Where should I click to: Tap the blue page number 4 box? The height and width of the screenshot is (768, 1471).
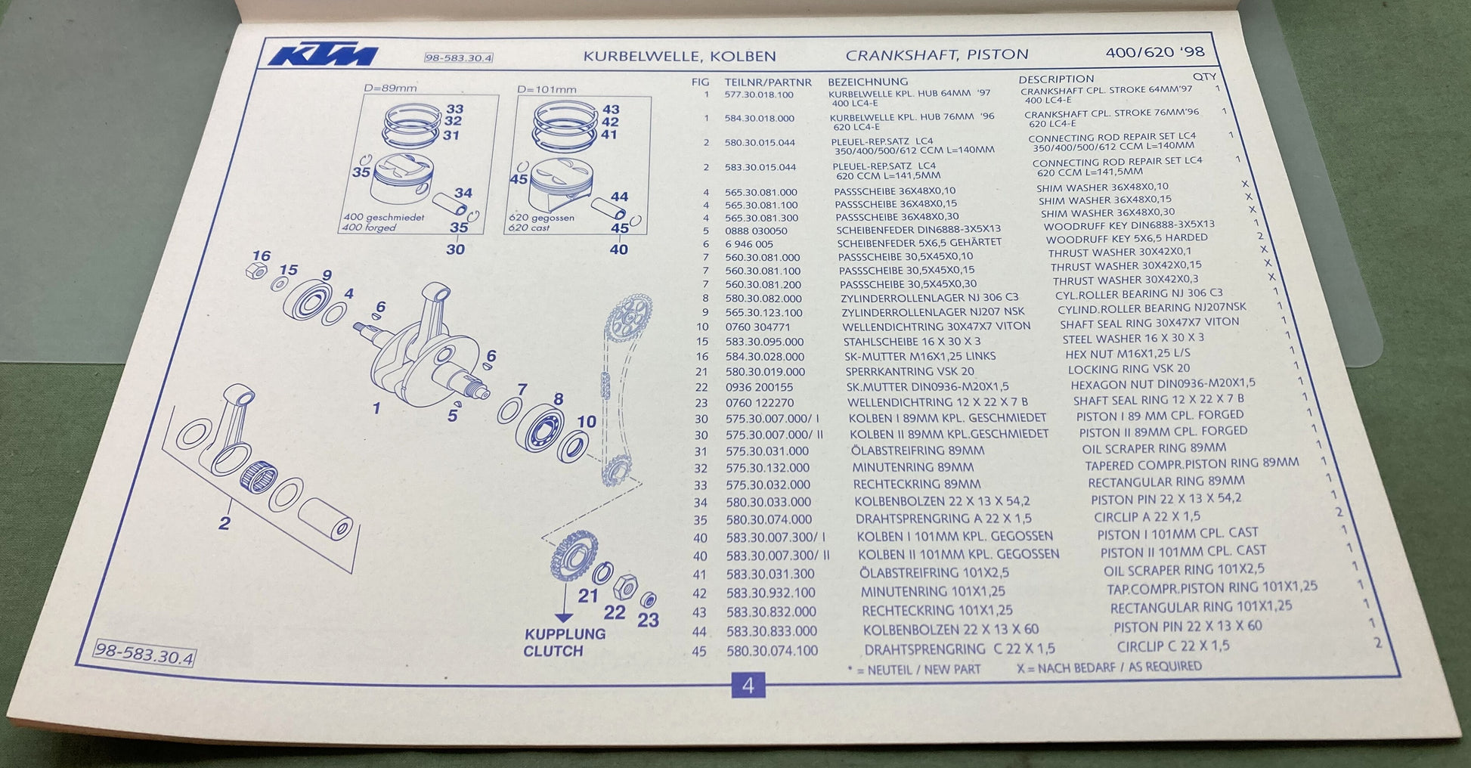pyautogui.click(x=748, y=685)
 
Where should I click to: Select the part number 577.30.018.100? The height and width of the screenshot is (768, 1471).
pyautogui.click(x=759, y=94)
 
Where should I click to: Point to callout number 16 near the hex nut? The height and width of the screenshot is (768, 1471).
pyautogui.click(x=262, y=255)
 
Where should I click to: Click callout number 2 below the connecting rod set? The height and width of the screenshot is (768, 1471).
pyautogui.click(x=225, y=522)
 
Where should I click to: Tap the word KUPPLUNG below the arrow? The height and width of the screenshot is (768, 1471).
pyautogui.click(x=565, y=633)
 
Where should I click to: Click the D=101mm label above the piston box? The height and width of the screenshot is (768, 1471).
pyautogui.click(x=547, y=89)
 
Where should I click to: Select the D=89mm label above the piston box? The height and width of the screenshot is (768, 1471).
pyautogui.click(x=390, y=88)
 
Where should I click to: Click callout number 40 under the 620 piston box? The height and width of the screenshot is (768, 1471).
pyautogui.click(x=618, y=249)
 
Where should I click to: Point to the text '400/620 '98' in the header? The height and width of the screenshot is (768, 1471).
pyautogui.click(x=1155, y=52)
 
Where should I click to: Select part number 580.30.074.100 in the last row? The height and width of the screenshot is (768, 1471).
pyautogui.click(x=772, y=650)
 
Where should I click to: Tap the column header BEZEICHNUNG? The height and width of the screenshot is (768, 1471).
pyautogui.click(x=868, y=82)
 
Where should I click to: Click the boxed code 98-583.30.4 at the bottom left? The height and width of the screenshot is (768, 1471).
pyautogui.click(x=144, y=652)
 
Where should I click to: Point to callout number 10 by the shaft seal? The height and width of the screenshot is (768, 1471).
pyautogui.click(x=587, y=421)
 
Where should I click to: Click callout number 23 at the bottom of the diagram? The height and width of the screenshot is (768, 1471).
pyautogui.click(x=648, y=620)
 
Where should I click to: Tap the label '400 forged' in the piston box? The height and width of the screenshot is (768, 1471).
pyautogui.click(x=369, y=227)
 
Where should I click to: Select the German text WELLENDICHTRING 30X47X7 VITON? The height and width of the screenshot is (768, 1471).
pyautogui.click(x=937, y=327)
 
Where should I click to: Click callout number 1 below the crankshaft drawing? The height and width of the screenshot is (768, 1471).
pyautogui.click(x=376, y=409)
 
